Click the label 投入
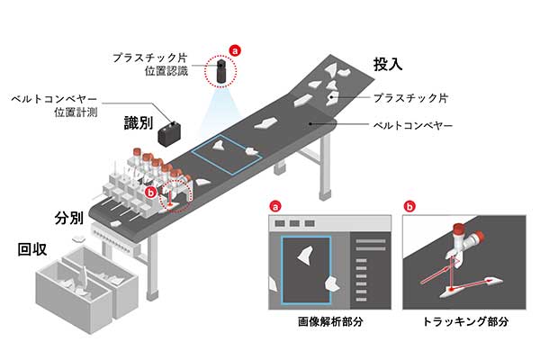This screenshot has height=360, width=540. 388,64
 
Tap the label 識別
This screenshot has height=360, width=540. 139,122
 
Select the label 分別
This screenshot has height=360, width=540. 69,218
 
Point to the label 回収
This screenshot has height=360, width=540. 32,249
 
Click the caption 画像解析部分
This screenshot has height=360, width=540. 330,322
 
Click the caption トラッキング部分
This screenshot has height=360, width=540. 465,322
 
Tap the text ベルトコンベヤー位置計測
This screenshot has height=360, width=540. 54,106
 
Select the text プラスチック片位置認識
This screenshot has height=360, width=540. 150,65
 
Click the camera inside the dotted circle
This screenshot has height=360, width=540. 220,70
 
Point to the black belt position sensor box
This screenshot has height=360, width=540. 169,133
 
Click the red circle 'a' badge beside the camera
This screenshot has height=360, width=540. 235,51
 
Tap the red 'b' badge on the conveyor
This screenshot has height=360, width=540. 151,193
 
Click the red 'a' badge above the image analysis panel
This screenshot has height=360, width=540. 275,207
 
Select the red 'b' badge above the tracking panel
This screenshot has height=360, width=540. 409,207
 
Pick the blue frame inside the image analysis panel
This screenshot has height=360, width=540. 282,270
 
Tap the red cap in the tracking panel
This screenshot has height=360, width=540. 459,228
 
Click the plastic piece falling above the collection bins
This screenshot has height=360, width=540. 79,238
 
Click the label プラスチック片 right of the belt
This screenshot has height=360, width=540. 410,98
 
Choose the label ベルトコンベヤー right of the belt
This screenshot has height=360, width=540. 413,125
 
